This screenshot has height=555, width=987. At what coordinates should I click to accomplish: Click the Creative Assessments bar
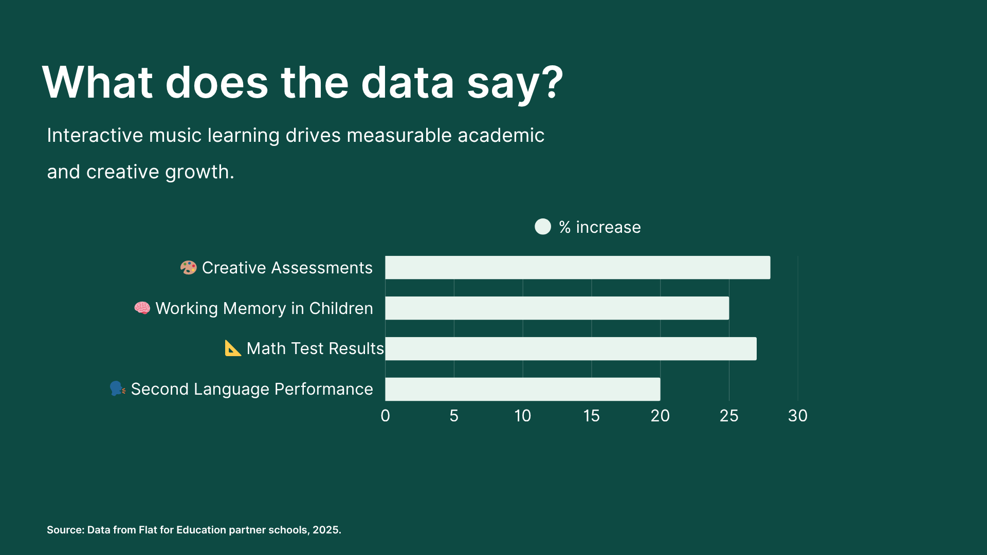(577, 267)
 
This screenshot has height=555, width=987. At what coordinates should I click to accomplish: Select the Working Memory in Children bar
(557, 308)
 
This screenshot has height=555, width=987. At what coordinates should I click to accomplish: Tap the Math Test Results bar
(571, 348)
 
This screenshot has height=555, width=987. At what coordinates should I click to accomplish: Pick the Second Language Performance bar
(522, 389)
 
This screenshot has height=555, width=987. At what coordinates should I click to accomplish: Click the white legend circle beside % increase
(542, 227)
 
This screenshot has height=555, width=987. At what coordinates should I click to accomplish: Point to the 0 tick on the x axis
(385, 416)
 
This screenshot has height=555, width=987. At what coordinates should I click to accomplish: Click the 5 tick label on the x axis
(454, 416)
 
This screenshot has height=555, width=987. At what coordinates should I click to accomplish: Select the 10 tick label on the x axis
(522, 416)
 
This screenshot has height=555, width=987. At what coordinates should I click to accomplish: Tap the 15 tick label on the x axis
(591, 416)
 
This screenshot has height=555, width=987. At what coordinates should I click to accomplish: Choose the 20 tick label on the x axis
(660, 416)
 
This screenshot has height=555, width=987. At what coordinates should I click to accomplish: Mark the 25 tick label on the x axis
(729, 416)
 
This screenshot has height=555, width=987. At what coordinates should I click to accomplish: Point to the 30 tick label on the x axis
(798, 416)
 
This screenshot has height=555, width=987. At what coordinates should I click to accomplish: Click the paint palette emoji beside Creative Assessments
(188, 267)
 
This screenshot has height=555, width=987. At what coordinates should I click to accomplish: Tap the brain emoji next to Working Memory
(142, 308)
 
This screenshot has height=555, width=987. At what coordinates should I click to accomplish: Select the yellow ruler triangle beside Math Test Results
(233, 348)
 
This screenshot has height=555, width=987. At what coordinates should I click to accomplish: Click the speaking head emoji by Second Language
(118, 389)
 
